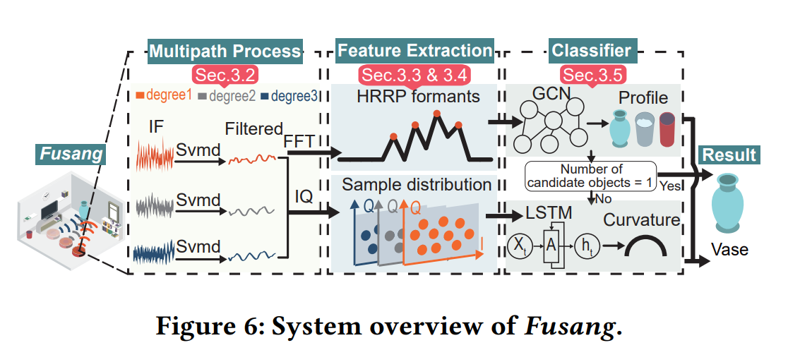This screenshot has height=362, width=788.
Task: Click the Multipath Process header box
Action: [x=224, y=51]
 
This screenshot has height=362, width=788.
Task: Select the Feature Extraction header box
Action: [x=414, y=51]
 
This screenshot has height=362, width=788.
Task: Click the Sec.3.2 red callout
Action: [x=224, y=73]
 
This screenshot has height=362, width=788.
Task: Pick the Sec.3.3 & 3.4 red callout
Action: [x=414, y=73]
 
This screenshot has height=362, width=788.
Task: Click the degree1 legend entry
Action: [x=164, y=96]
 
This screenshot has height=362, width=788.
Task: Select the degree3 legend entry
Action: [x=289, y=96]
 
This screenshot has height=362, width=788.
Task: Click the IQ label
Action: [x=305, y=192]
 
